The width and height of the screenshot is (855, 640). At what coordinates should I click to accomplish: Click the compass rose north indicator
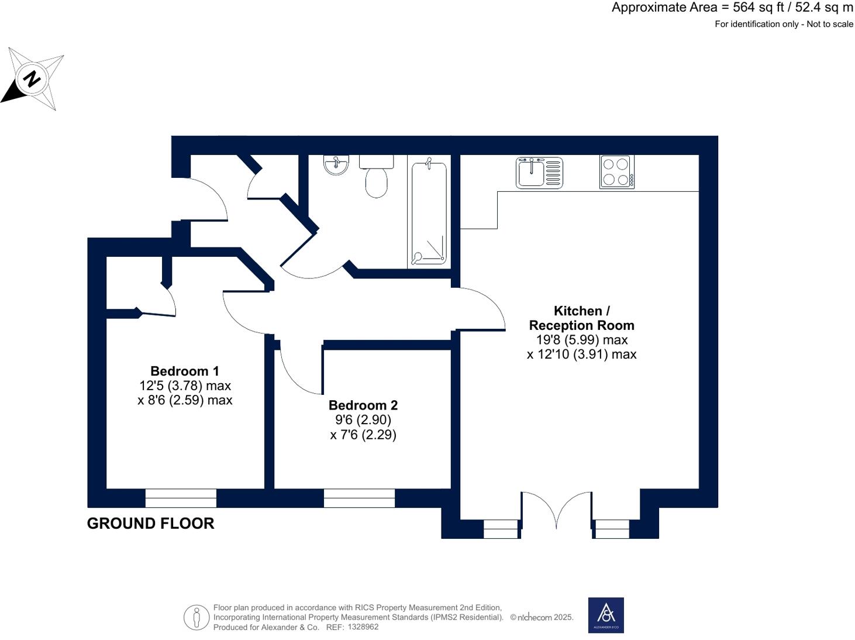(x=32, y=78)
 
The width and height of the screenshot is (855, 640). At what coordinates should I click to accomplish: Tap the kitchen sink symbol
(x=539, y=173)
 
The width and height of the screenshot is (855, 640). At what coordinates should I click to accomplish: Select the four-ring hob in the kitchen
(x=616, y=171)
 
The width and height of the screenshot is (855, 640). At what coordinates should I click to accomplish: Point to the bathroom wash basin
(x=336, y=164)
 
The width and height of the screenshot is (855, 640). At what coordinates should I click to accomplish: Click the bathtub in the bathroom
(x=429, y=214)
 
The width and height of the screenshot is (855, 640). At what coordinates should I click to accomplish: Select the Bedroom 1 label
(x=185, y=371)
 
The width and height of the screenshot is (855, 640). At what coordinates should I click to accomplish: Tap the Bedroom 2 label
(x=363, y=405)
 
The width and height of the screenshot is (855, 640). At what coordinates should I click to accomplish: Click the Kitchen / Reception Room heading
(x=581, y=318)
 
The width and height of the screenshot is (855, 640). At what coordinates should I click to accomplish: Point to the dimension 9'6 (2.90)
(x=363, y=420)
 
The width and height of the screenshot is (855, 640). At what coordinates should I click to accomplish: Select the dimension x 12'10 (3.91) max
(x=581, y=355)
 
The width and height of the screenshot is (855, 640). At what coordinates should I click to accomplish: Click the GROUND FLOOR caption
(x=150, y=524)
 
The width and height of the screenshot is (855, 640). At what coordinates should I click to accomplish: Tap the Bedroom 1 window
(x=181, y=498)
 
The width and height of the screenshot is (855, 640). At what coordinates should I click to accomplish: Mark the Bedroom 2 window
(x=359, y=498)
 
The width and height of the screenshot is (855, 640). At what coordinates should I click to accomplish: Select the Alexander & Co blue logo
(x=606, y=615)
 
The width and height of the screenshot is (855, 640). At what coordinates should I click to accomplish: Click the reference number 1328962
(x=363, y=627)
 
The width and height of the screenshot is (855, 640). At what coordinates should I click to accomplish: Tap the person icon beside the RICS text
(x=196, y=617)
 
